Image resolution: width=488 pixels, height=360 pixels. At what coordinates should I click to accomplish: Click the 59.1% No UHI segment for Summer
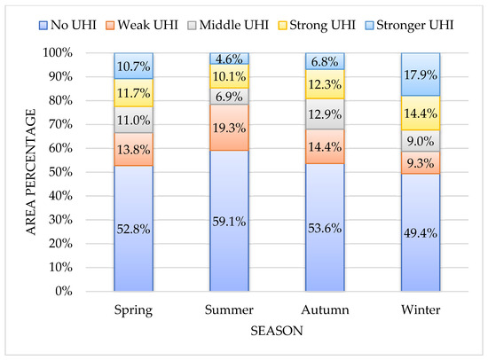[229, 221]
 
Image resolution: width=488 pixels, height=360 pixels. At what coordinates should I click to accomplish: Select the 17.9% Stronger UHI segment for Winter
[421, 74]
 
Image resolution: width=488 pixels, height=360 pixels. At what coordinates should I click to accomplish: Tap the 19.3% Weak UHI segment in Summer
[229, 128]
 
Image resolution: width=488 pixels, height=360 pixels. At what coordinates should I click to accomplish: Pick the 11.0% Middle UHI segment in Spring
[133, 120]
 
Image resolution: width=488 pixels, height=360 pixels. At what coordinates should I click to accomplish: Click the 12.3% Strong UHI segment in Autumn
[325, 84]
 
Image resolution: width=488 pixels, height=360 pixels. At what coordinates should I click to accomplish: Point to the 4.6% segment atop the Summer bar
[229, 59]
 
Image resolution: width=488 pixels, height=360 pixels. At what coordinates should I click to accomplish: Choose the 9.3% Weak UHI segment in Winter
[421, 163]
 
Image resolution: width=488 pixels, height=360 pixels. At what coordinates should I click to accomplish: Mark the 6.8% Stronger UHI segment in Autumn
[325, 61]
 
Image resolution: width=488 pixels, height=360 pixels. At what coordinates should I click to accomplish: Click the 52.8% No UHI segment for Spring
[133, 228]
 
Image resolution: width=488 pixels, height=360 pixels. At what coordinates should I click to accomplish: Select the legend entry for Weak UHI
[142, 25]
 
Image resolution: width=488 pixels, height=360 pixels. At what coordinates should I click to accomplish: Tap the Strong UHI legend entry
[317, 25]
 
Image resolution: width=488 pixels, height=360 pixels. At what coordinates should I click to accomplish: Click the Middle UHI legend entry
[228, 25]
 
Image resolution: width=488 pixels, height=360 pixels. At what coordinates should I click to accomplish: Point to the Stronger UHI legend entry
[409, 25]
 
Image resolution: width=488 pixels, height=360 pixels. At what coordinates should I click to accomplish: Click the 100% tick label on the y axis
[58, 52]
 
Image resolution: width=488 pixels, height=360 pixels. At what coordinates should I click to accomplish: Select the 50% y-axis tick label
[60, 172]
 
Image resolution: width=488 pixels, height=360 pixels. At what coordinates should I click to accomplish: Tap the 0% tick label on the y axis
[64, 291]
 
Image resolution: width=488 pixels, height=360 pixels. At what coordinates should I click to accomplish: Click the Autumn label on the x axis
[325, 310]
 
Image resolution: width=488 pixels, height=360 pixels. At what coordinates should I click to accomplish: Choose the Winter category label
[421, 310]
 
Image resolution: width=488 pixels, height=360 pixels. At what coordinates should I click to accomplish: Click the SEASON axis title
[277, 331]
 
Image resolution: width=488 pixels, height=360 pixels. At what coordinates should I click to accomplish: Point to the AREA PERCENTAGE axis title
[31, 172]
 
